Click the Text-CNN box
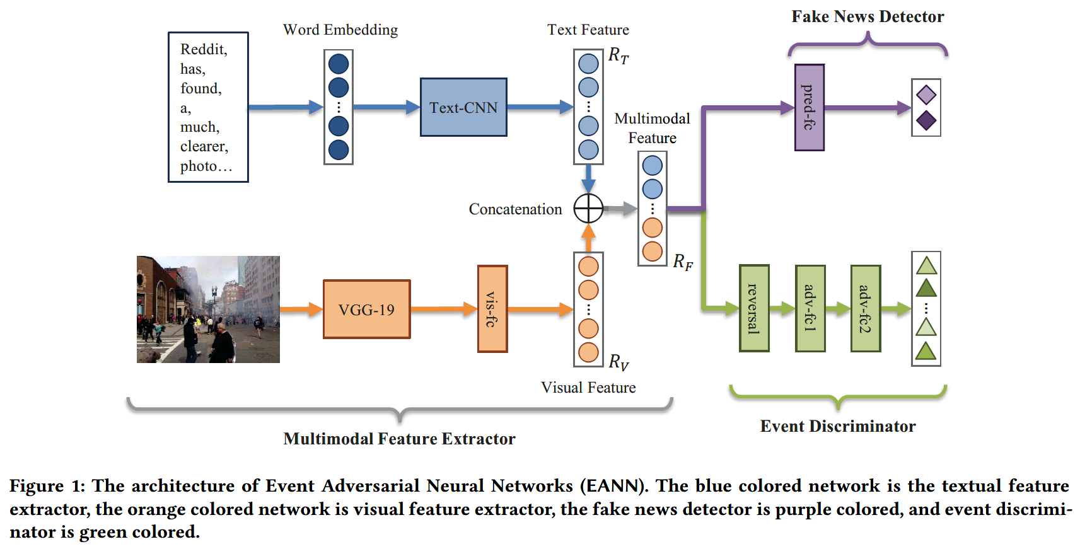pyautogui.click(x=463, y=107)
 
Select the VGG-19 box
pyautogui.click(x=366, y=309)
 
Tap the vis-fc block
pyautogui.click(x=492, y=309)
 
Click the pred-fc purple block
pyautogui.click(x=810, y=107)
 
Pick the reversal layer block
pyautogui.click(x=753, y=308)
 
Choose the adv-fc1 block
pyautogui.click(x=810, y=308)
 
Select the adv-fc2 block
pyautogui.click(x=865, y=308)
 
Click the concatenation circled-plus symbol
pyautogui.click(x=588, y=209)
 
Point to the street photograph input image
pyautogui.click(x=208, y=309)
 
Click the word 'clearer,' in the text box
pyautogui.click(x=204, y=146)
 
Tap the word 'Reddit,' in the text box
pyautogui.click(x=203, y=49)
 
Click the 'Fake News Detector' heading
pyautogui.click(x=868, y=16)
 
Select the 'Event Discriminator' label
pyautogui.click(x=837, y=426)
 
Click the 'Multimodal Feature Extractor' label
pyautogui.click(x=399, y=439)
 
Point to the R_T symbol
pyautogui.click(x=618, y=56)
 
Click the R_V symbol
pyautogui.click(x=618, y=362)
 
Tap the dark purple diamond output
pyautogui.click(x=926, y=120)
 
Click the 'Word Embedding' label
pyautogui.click(x=340, y=30)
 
